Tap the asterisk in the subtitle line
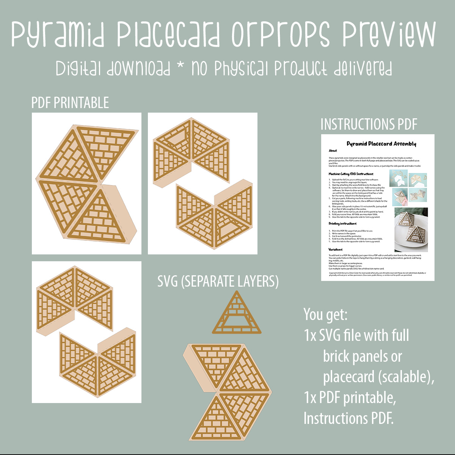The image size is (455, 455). click(x=181, y=68)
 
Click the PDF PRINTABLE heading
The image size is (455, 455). click(x=70, y=103)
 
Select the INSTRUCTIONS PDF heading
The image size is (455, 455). click(x=369, y=124)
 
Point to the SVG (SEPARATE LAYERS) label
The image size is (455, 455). click(x=218, y=281)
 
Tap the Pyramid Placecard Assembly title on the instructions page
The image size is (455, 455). click(x=381, y=144)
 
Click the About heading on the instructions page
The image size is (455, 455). click(x=333, y=151)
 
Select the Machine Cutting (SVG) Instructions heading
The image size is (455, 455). click(x=351, y=174)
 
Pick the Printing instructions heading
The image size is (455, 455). click(x=343, y=224)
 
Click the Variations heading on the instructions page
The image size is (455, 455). click(x=336, y=249)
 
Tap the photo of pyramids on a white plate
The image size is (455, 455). click(x=411, y=230)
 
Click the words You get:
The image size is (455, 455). click(x=325, y=314)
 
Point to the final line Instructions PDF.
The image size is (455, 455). click(x=348, y=418)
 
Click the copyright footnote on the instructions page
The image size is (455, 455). click(x=377, y=274)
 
